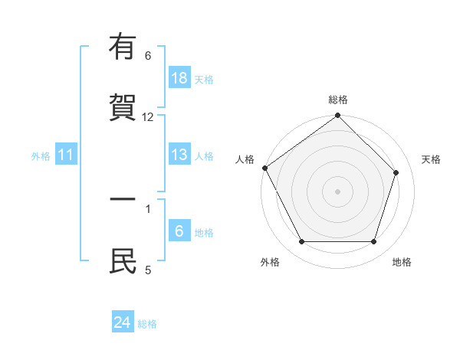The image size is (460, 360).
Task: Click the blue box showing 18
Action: click(179, 77)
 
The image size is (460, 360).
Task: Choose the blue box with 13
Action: click(179, 155)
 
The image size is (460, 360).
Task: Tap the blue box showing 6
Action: click(179, 231)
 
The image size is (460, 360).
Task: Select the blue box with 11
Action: click(65, 155)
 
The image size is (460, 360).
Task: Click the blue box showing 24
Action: click(123, 322)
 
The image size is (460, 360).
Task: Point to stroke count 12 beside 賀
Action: click(148, 117)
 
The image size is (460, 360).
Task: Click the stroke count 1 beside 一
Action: click(148, 208)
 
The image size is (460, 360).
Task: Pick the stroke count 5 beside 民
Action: click(148, 270)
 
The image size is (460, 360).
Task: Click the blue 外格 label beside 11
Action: click(41, 155)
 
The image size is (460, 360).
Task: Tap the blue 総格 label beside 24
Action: click(147, 323)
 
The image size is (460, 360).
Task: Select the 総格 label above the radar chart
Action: click(338, 100)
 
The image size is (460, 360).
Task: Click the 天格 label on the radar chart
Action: click(431, 159)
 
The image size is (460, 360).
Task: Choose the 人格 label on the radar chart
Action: click(245, 159)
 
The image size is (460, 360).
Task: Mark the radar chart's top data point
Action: click(338, 116)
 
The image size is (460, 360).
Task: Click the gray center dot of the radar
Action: click(338, 191)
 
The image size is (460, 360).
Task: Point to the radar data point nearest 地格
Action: click(374, 242)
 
